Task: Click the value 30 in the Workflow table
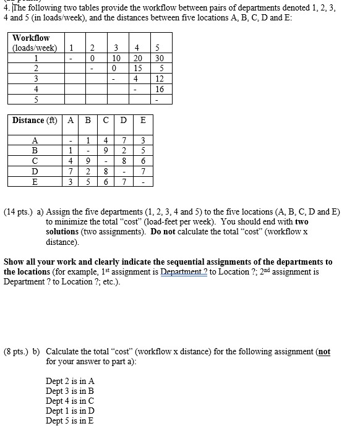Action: pos(158,59)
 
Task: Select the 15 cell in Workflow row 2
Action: pos(137,69)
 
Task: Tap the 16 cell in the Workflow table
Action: pos(158,88)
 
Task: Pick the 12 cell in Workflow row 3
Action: pos(158,79)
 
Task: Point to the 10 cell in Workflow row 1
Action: pos(116,59)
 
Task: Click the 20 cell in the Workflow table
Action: pos(137,59)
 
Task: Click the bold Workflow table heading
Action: pos(31,38)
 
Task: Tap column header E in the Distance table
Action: pos(143,120)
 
